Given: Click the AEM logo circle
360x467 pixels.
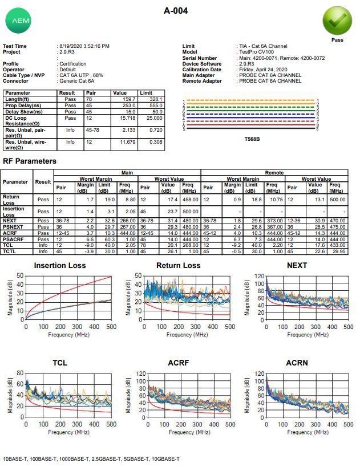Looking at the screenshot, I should coord(18,21).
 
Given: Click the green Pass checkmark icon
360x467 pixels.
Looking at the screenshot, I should coord(337,21).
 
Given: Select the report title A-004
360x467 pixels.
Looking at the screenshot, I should coord(176,11).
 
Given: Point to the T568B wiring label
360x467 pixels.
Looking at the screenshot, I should coord(252,139).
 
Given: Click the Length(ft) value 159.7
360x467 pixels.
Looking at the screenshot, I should coord(127,99).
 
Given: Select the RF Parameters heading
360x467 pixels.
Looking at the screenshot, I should coord(30,161).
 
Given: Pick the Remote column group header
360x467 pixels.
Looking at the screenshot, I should coord(274,172).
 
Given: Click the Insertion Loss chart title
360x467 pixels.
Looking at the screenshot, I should coord(60,266).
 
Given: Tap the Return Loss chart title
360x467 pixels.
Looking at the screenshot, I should coord(179,266).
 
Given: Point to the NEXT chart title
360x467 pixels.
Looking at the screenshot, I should coord(297,266).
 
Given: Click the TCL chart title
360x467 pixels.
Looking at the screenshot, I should coord(60,363).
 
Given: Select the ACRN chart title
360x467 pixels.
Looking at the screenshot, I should coord(297,363).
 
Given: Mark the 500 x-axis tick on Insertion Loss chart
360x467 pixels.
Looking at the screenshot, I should coord(112,327).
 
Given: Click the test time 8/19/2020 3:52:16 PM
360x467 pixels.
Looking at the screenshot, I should coord(84,46).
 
